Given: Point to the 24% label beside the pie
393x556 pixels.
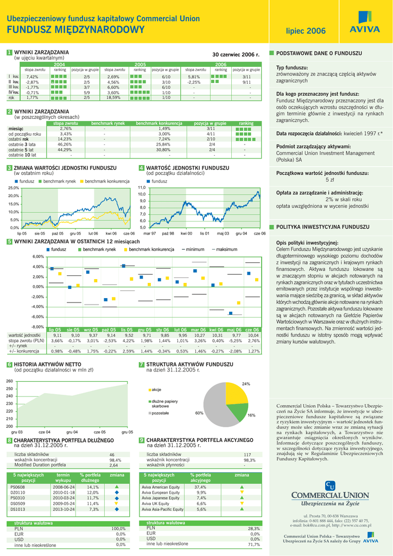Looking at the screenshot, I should [x=246, y=384].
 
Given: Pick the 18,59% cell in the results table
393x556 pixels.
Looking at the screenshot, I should [x=113, y=98].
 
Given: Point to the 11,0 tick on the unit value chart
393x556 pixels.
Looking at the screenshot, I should [x=142, y=187].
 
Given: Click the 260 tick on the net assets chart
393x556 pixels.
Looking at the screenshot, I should [x=9, y=381].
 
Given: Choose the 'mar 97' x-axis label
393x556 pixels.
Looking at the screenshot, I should [x=150, y=232].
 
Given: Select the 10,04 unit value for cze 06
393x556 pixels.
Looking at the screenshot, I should [x=253, y=336].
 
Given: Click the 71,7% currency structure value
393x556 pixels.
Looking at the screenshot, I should [x=253, y=544].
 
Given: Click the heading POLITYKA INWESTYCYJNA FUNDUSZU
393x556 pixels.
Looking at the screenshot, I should [x=315, y=227].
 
